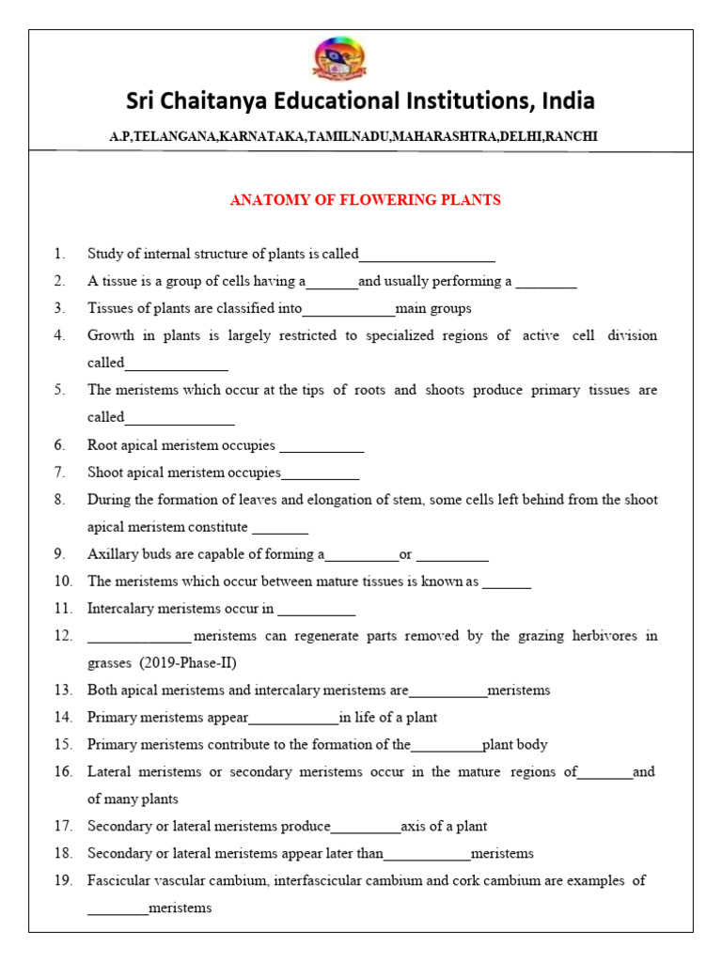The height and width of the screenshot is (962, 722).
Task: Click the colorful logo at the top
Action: pos(340,60)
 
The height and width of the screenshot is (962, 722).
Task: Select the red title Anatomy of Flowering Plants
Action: pos(366,200)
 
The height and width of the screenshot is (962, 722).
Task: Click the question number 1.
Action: pos(59,254)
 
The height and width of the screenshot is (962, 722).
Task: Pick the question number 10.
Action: pos(63,582)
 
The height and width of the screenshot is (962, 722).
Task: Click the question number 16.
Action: pos(63,772)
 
